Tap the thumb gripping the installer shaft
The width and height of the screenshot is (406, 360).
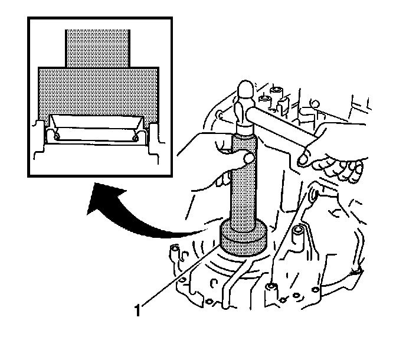245,159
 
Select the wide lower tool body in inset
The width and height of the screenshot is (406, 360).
97,89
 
